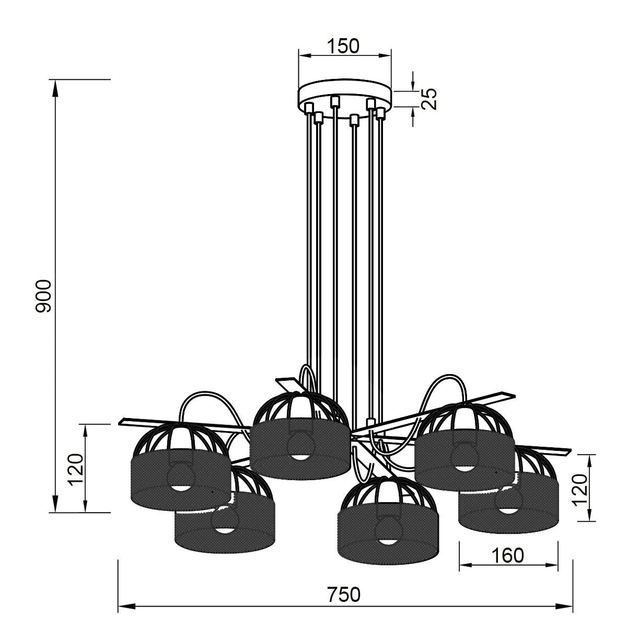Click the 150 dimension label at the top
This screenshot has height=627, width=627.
click(343, 46)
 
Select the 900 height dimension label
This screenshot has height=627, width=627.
click(43, 296)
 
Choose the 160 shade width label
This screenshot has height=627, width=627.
click(507, 555)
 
